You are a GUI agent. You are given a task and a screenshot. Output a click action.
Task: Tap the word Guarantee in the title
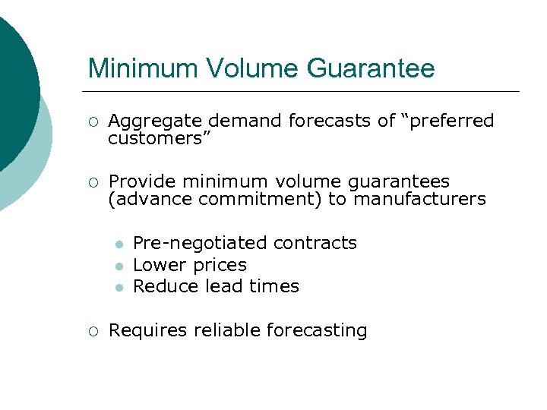click(x=371, y=68)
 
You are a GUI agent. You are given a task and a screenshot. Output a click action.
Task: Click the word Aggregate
click(x=157, y=121)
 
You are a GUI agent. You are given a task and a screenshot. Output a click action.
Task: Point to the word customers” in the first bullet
click(x=159, y=138)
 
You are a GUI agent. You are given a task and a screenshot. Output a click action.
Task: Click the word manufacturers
click(x=419, y=199)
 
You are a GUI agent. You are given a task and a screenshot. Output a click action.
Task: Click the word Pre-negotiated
click(x=200, y=243)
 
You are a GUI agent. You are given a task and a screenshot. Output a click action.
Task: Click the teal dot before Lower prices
click(x=119, y=266)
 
